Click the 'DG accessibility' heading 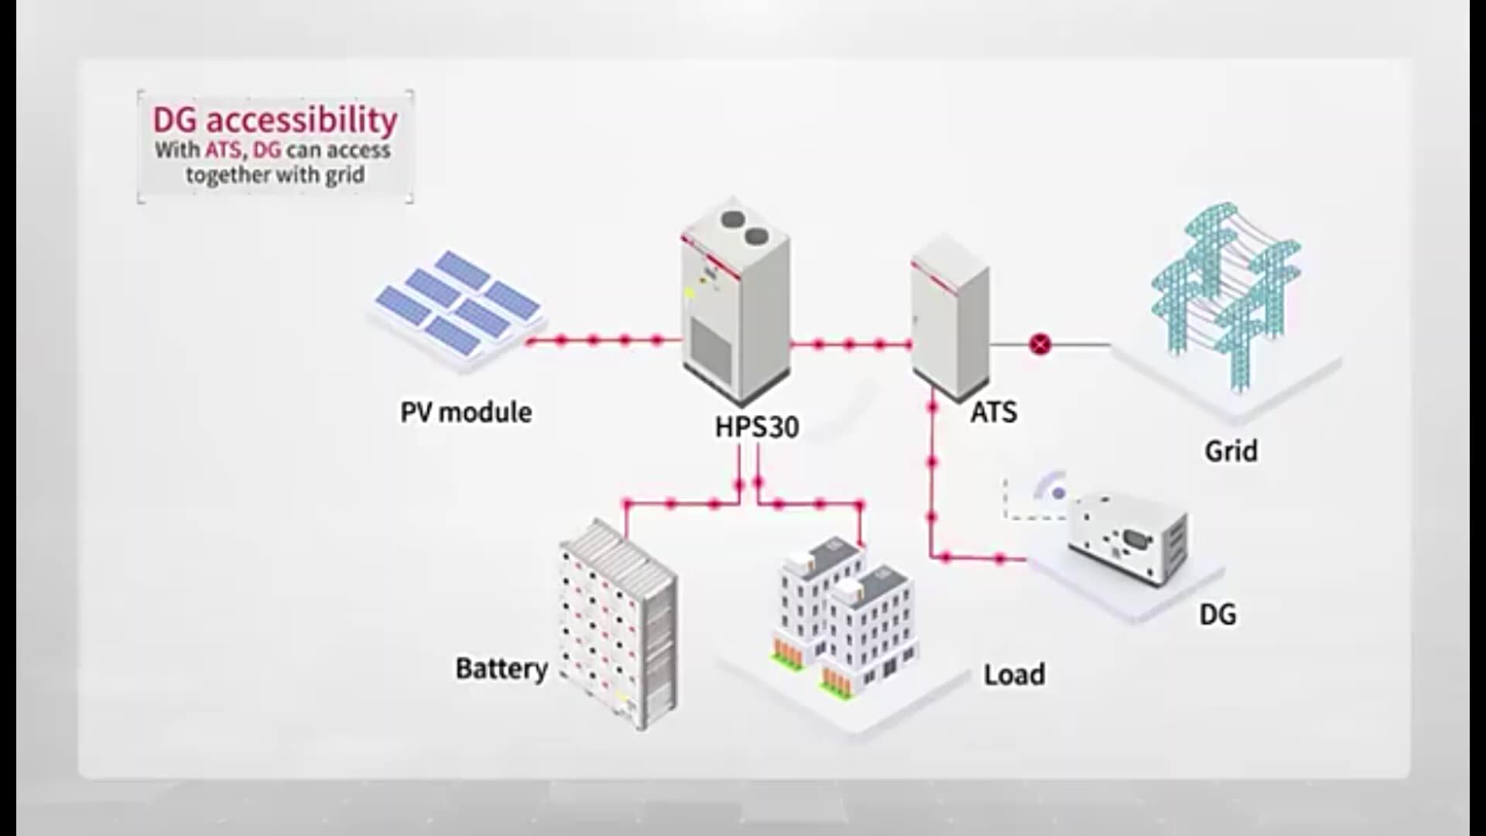275,121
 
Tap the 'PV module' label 465,412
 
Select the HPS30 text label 756,427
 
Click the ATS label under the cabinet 993,412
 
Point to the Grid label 1231,451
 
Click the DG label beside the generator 1217,615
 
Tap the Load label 1014,674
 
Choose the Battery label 502,668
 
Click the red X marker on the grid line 1040,344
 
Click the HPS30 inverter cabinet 734,310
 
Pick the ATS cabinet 950,317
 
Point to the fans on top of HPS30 744,227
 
